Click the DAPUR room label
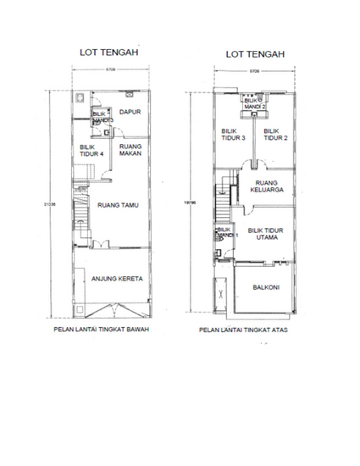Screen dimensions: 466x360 [x=130, y=112]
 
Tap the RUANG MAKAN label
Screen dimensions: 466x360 [x=130, y=149]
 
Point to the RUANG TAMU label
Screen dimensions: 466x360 [x=119, y=204]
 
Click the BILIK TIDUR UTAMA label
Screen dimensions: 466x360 [x=265, y=234]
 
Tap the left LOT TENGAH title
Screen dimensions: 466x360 [x=108, y=53]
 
